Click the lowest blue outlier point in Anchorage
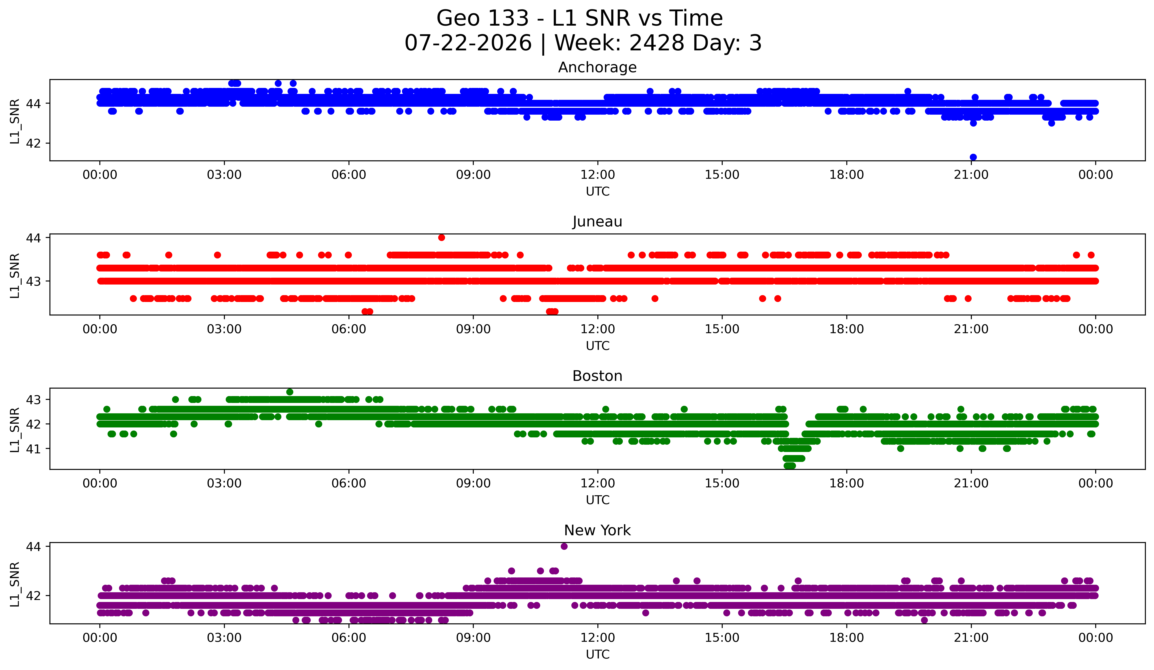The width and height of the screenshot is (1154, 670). [973, 157]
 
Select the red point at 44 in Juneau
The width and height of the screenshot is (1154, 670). [442, 237]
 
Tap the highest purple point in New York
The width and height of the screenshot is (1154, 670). [564, 546]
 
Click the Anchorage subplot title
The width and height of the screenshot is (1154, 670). [597, 67]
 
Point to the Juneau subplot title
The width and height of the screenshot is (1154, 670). [597, 222]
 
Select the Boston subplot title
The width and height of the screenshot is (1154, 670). [597, 376]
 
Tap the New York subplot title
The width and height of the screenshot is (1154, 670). [597, 530]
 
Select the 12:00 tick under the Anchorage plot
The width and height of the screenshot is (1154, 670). [598, 175]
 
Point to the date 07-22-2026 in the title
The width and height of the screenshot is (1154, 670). [468, 43]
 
